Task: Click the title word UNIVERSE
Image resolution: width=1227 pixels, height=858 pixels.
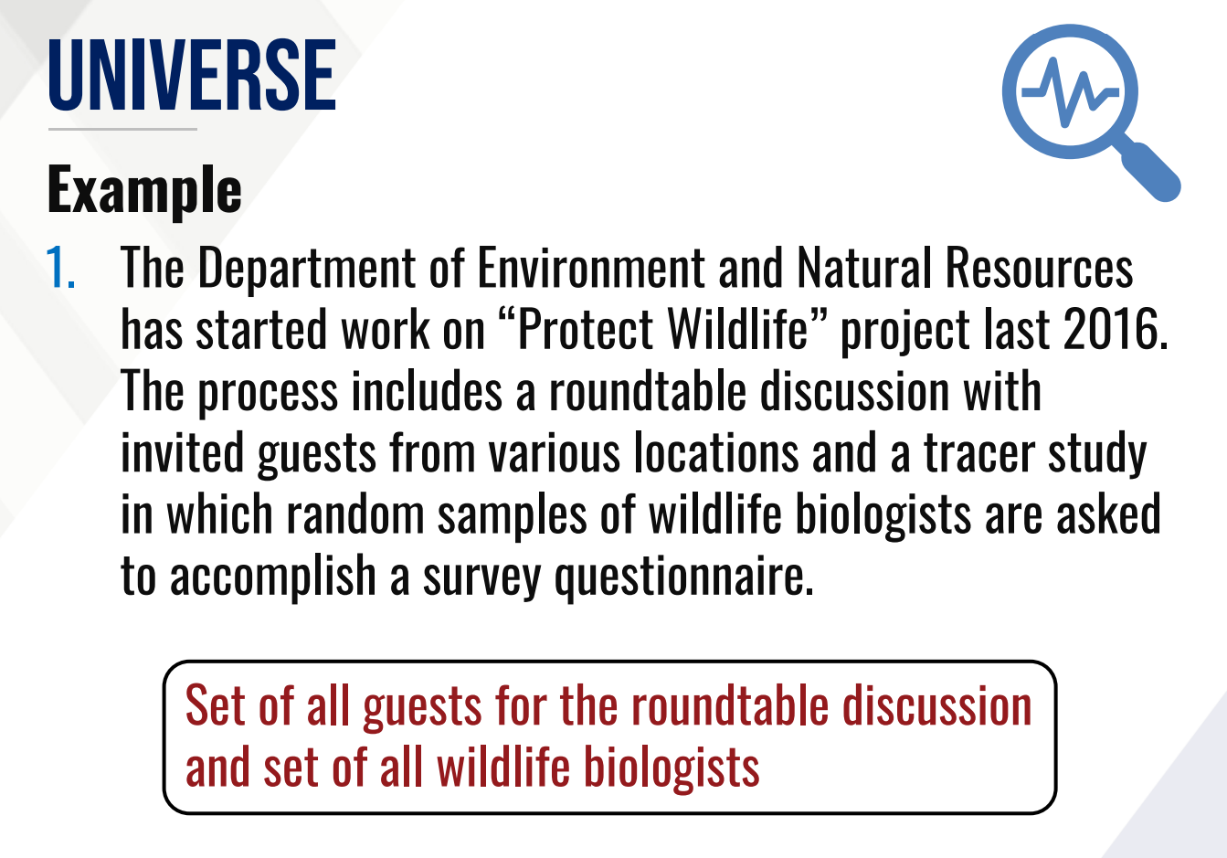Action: [192, 75]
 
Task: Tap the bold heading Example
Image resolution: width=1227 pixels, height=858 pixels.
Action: [144, 190]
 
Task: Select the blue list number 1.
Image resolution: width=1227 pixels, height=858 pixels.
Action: [60, 267]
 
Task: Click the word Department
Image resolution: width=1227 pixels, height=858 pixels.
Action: [307, 269]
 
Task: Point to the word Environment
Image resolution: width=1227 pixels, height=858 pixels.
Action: [591, 267]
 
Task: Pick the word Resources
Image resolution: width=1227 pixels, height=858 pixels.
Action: [1039, 267]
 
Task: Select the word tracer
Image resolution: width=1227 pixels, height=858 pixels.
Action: [979, 453]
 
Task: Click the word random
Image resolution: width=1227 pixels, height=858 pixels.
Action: [356, 514]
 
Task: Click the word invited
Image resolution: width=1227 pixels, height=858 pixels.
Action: [182, 452]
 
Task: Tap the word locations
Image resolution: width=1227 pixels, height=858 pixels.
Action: [716, 452]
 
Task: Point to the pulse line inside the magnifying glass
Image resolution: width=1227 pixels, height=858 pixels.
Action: [1071, 91]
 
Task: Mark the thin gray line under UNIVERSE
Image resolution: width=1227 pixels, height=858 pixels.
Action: [122, 130]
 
